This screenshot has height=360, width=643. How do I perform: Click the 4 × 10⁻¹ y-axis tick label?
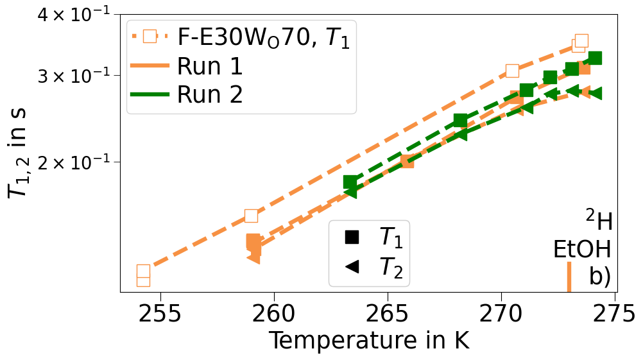(74, 15)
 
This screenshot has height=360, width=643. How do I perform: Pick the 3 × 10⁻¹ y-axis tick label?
(74, 76)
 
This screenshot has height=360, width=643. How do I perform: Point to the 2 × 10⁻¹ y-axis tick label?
(74, 162)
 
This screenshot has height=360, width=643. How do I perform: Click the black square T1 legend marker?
(352, 237)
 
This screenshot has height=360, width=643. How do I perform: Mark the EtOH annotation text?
(582, 249)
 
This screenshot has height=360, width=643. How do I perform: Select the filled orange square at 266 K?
(407, 161)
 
